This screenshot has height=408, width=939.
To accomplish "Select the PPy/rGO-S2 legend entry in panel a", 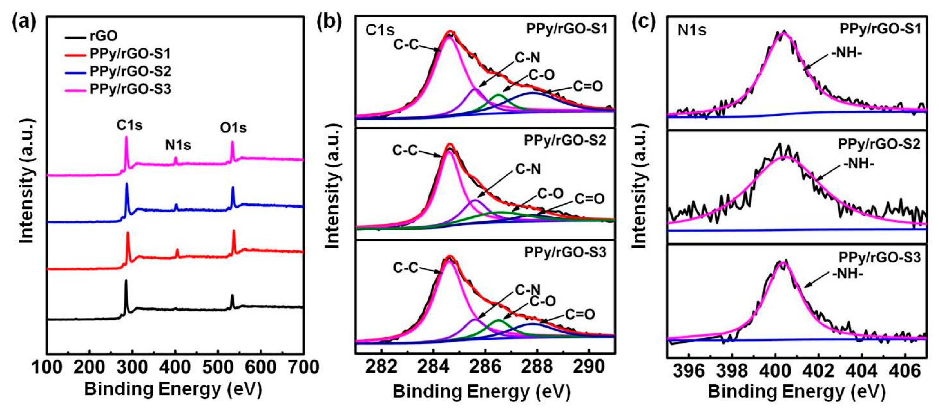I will pos(130,71).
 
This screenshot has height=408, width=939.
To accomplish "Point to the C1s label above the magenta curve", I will pos(129,125).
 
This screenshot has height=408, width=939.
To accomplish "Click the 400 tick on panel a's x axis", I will pos(176,367).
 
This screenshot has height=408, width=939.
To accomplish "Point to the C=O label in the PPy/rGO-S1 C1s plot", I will pos(588,86).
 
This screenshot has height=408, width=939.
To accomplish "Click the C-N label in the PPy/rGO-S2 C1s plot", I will pos(528,169).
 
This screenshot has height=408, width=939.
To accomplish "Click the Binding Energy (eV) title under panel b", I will pos(481,393).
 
